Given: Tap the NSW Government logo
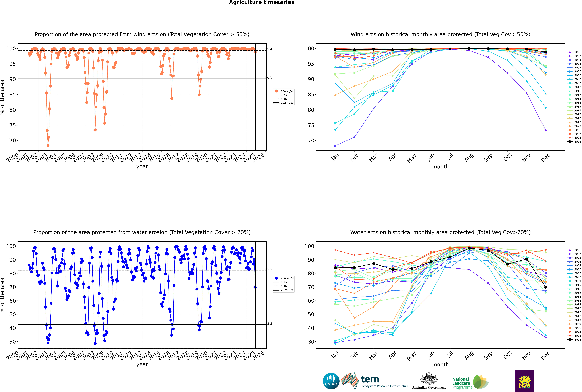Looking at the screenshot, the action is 525,381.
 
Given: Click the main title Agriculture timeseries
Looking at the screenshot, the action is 261,2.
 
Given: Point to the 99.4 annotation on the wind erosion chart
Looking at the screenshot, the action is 269,49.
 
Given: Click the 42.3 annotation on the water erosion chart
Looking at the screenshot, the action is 269,324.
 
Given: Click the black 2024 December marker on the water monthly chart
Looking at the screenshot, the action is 546,287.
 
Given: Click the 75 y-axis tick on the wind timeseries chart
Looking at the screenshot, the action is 12,125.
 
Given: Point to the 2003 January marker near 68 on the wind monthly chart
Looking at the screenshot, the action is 335,145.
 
